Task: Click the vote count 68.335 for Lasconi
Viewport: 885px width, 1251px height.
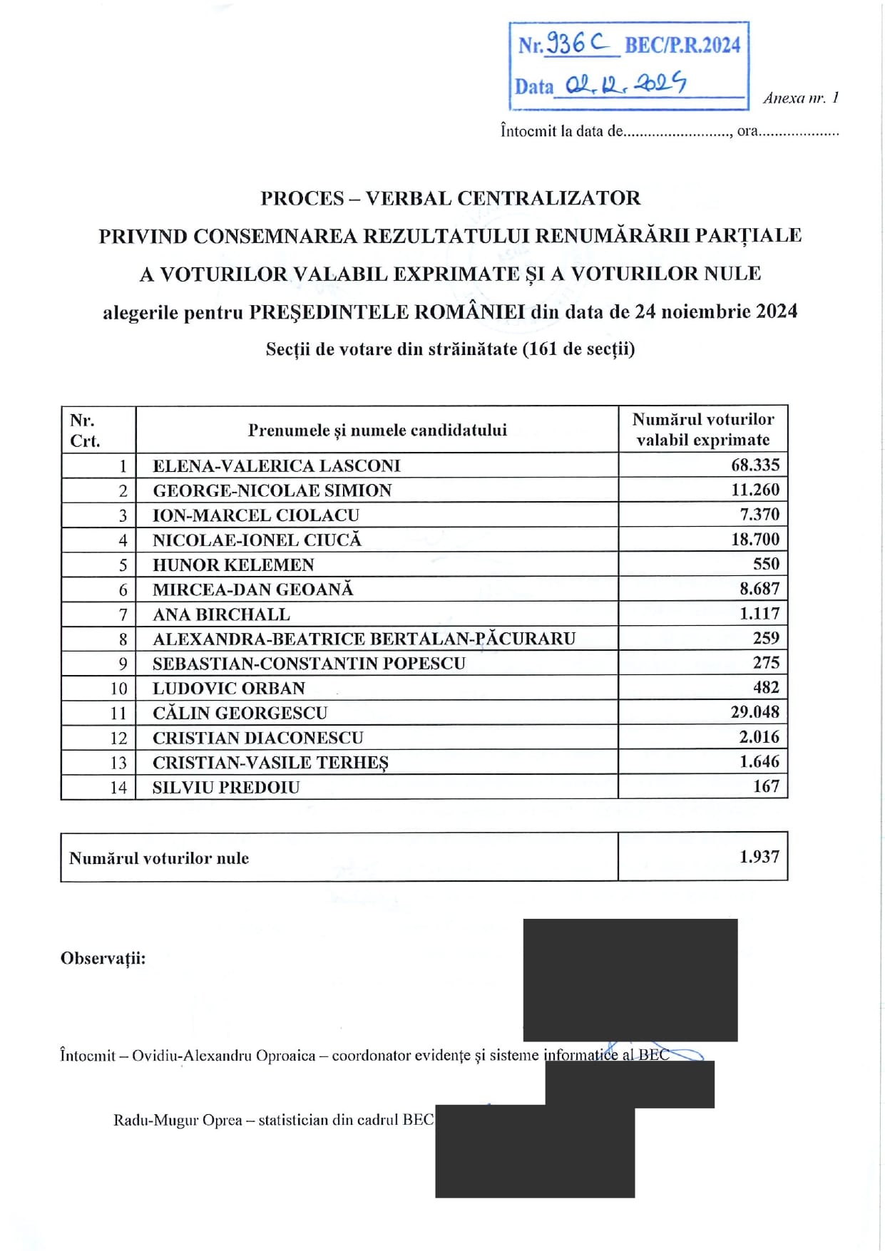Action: click(754, 465)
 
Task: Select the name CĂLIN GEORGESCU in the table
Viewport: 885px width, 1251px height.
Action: click(240, 713)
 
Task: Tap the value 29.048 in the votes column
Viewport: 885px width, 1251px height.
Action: click(754, 712)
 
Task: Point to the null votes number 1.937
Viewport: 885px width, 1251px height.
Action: click(759, 857)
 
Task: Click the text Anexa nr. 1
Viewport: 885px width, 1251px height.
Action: click(800, 98)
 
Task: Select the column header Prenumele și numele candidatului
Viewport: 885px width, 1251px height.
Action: click(377, 430)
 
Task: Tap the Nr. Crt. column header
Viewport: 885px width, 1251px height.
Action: click(85, 431)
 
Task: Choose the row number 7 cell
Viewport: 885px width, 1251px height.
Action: click(123, 614)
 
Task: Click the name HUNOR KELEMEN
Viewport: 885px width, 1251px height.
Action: click(233, 565)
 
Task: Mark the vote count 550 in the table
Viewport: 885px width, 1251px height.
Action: click(766, 564)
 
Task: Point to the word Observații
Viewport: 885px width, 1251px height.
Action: click(103, 958)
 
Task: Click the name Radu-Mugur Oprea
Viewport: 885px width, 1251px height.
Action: click(178, 1120)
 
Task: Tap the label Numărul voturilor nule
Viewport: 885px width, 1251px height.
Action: click(159, 858)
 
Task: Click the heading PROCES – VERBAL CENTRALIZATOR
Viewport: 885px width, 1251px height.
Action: click(450, 198)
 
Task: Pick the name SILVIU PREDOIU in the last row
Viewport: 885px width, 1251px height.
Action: click(226, 788)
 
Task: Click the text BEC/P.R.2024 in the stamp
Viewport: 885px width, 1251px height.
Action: click(682, 45)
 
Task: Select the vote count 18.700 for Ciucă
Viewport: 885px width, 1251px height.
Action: click(754, 540)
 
